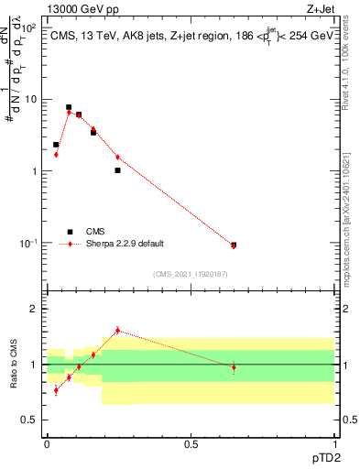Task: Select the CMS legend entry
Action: (96, 232)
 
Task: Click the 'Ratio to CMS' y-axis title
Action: (14, 364)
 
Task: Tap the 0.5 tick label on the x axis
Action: (191, 443)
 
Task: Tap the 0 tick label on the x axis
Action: (47, 443)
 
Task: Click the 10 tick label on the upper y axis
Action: (31, 99)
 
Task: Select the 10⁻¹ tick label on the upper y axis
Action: (28, 243)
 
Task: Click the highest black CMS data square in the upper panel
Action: (69, 107)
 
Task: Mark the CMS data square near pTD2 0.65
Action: (234, 245)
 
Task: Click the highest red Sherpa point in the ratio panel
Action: (117, 331)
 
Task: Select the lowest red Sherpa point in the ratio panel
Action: (56, 390)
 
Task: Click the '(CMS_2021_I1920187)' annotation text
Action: (190, 273)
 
